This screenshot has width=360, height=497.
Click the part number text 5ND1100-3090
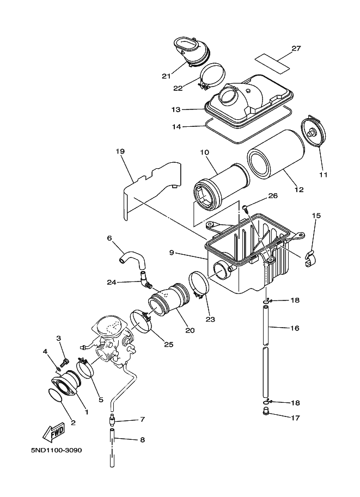point(57,450)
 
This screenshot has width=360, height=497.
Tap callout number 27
point(296,48)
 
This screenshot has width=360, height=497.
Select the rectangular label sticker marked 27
point(273,63)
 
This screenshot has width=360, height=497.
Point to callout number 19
point(120,151)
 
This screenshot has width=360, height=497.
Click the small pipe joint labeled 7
point(113,421)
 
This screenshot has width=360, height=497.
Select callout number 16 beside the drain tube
point(295,328)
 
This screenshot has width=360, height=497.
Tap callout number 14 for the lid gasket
point(176,126)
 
